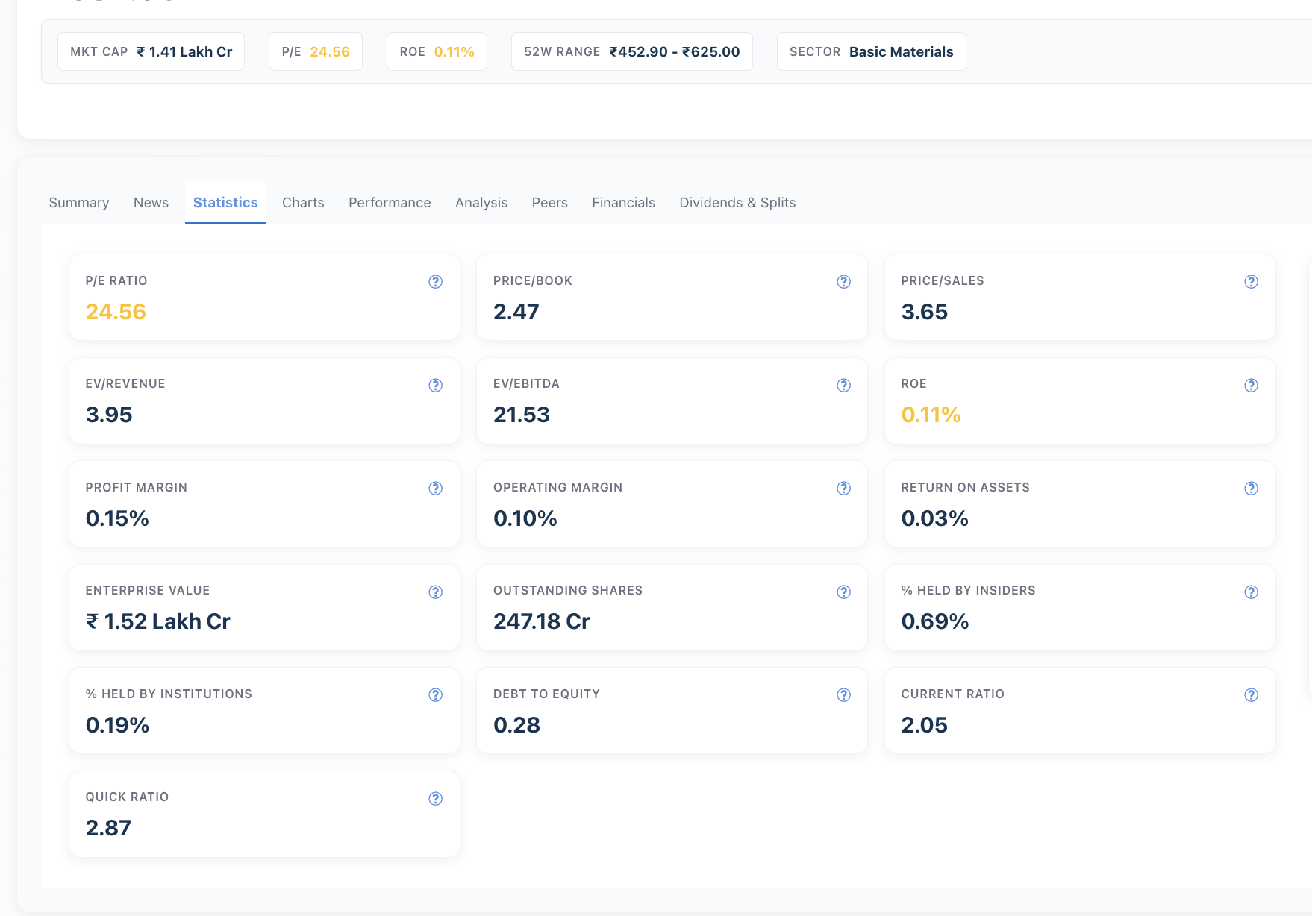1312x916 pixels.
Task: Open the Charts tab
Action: click(303, 203)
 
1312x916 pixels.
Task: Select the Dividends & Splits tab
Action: click(737, 203)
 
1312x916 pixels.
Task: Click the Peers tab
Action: click(549, 203)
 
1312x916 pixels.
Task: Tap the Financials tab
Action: click(623, 203)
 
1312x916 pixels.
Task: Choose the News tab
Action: click(151, 203)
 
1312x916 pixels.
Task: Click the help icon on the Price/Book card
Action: click(843, 282)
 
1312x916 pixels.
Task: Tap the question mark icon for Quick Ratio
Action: click(436, 799)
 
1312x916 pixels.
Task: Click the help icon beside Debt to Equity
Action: click(843, 695)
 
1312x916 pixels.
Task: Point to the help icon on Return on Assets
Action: click(1252, 489)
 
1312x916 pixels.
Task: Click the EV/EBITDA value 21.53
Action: click(522, 415)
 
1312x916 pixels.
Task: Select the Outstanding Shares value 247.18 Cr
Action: click(542, 621)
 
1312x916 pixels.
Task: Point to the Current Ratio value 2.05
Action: click(924, 725)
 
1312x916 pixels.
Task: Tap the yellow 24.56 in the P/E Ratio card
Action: click(116, 312)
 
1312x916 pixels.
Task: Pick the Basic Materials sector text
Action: click(902, 52)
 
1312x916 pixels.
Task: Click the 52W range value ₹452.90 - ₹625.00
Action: click(675, 52)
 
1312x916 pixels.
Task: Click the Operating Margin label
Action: click(557, 488)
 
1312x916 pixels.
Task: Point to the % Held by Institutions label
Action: click(169, 694)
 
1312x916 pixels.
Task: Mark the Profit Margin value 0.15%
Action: click(117, 518)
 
